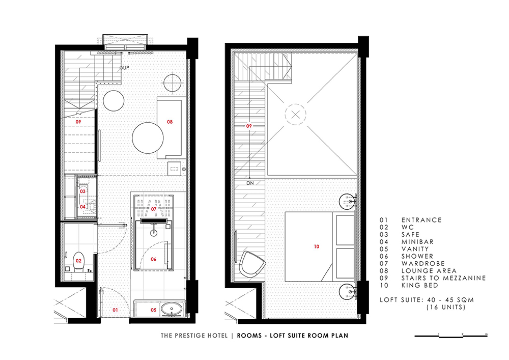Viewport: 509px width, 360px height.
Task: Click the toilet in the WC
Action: [78, 262]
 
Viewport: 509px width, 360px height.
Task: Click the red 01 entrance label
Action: [115, 310]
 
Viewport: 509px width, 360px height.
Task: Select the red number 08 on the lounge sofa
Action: [170, 122]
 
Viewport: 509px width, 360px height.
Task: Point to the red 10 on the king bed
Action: [317, 247]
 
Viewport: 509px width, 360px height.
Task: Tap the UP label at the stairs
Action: [126, 68]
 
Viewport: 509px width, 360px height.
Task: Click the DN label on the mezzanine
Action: [250, 183]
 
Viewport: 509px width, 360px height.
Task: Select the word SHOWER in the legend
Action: [417, 256]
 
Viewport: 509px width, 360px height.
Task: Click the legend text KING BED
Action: [420, 285]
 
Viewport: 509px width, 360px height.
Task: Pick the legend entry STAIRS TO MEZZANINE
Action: [443, 278]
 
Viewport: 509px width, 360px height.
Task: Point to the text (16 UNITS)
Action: [446, 307]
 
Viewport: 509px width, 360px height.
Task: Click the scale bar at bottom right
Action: [451, 336]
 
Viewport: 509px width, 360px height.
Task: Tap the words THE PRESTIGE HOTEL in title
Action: [194, 336]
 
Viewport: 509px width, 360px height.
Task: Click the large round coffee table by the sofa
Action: [148, 137]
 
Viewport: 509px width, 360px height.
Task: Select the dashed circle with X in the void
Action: [295, 114]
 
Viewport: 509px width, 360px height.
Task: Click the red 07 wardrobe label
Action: [154, 209]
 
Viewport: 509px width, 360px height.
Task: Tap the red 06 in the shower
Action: [154, 259]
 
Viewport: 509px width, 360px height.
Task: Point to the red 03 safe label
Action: [83, 191]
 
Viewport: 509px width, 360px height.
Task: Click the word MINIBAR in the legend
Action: [417, 242]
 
